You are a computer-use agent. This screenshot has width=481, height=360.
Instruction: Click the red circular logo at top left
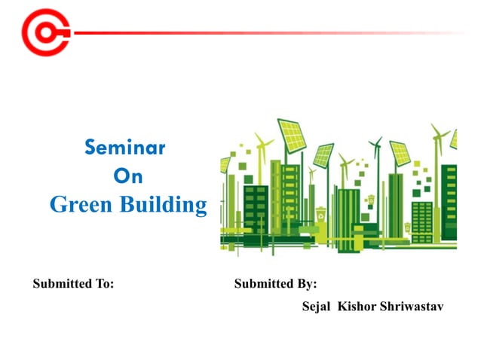(44, 32)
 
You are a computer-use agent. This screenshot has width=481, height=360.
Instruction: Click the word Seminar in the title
(125, 147)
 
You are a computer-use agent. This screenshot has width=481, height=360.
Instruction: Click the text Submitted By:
(275, 284)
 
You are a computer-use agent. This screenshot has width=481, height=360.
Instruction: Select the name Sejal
(317, 307)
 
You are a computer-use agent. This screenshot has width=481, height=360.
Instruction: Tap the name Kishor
(357, 307)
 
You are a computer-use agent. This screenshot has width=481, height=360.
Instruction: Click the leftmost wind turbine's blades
(263, 142)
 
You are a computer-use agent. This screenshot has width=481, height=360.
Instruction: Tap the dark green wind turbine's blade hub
(378, 142)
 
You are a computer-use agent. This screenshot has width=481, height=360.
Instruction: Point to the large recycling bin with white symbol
(321, 215)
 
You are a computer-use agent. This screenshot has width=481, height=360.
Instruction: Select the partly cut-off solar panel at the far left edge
(224, 164)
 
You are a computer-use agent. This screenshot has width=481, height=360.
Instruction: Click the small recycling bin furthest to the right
(408, 225)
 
